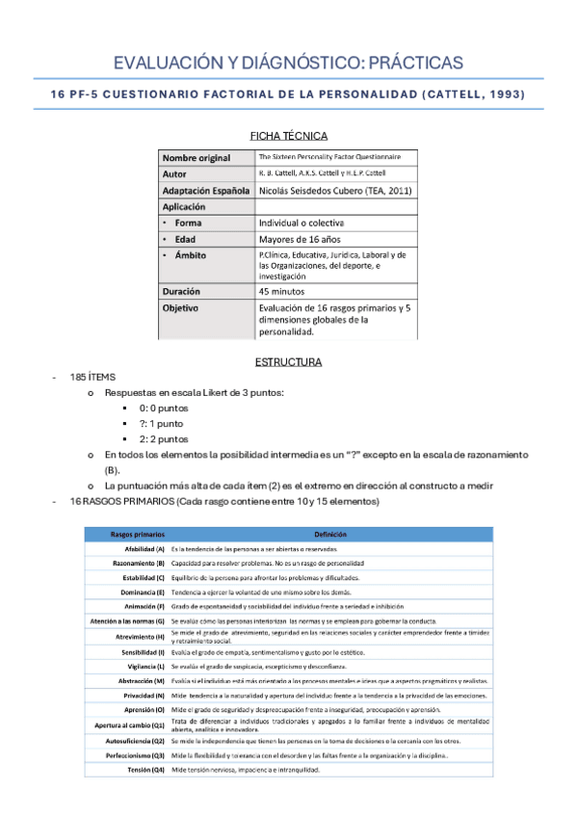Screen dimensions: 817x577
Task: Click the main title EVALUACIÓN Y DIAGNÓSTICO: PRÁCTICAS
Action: (x=288, y=64)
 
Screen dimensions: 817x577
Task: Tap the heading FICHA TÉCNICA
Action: (x=288, y=136)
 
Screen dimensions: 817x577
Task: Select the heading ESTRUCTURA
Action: (x=288, y=362)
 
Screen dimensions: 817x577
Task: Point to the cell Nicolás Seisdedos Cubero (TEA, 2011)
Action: (x=335, y=190)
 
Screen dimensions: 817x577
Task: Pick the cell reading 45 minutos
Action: (x=282, y=290)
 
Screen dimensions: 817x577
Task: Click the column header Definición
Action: (x=330, y=534)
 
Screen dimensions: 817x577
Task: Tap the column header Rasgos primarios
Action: (x=138, y=534)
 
